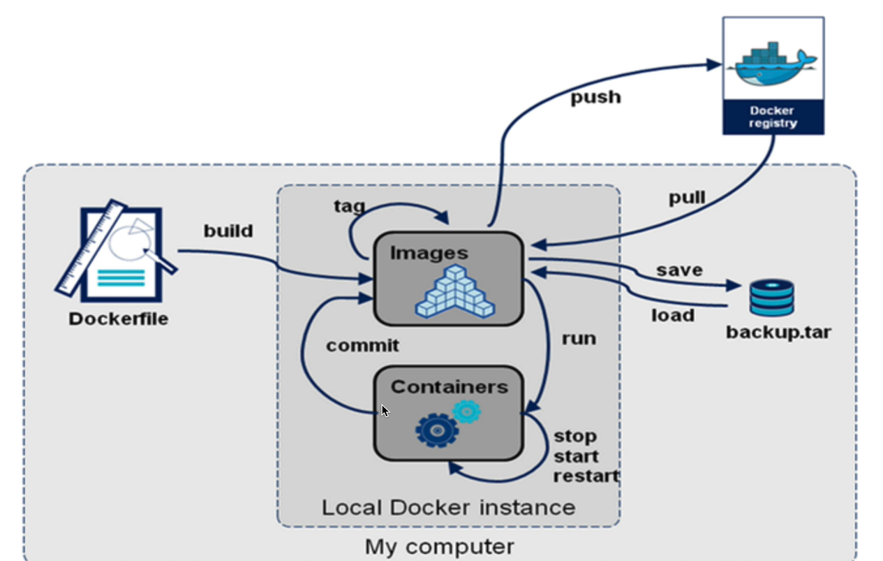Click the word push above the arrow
tap(595, 97)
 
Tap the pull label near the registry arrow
tap(687, 198)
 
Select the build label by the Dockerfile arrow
tap(228, 231)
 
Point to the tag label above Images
tap(350, 206)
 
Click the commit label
tap(362, 346)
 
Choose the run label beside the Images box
tap(579, 339)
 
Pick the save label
tap(678, 270)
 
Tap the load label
tap(673, 316)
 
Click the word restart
tap(586, 476)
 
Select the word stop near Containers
tap(575, 437)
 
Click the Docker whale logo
tap(773, 64)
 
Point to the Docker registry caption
tap(773, 117)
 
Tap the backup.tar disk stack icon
tap(771, 298)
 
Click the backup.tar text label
tap(778, 332)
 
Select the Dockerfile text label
tap(119, 319)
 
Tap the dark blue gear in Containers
tap(437, 430)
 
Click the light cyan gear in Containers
tap(466, 411)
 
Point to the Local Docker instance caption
tap(448, 507)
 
